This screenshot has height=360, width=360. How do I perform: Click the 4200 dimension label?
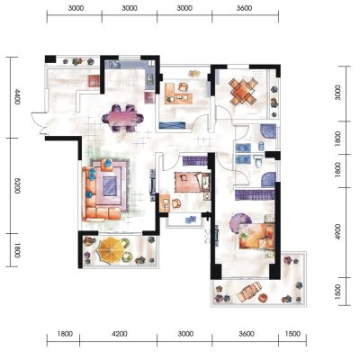coord(120,334)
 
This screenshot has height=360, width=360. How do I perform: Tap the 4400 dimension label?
coord(17,96)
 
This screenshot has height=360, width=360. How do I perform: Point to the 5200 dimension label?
coord(17,185)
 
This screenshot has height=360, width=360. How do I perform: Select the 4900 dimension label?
coord(338,231)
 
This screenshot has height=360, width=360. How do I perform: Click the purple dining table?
coord(122,118)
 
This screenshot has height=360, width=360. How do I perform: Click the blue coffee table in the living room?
coord(109,186)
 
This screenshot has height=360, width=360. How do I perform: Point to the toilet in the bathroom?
coord(257,163)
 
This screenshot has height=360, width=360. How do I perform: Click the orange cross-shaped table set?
coord(243,91)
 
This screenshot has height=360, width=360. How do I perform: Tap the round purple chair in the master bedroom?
coord(239,222)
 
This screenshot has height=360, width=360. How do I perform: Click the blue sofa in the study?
coord(172,125)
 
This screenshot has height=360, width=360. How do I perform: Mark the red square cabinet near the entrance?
coord(94,81)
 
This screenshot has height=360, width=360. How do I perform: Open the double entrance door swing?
coord(40,123)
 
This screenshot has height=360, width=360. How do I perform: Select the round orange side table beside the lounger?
coord(263,298)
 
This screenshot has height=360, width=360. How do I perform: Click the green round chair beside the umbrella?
coord(127,256)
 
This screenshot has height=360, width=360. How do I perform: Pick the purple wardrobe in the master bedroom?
coord(255,194)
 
